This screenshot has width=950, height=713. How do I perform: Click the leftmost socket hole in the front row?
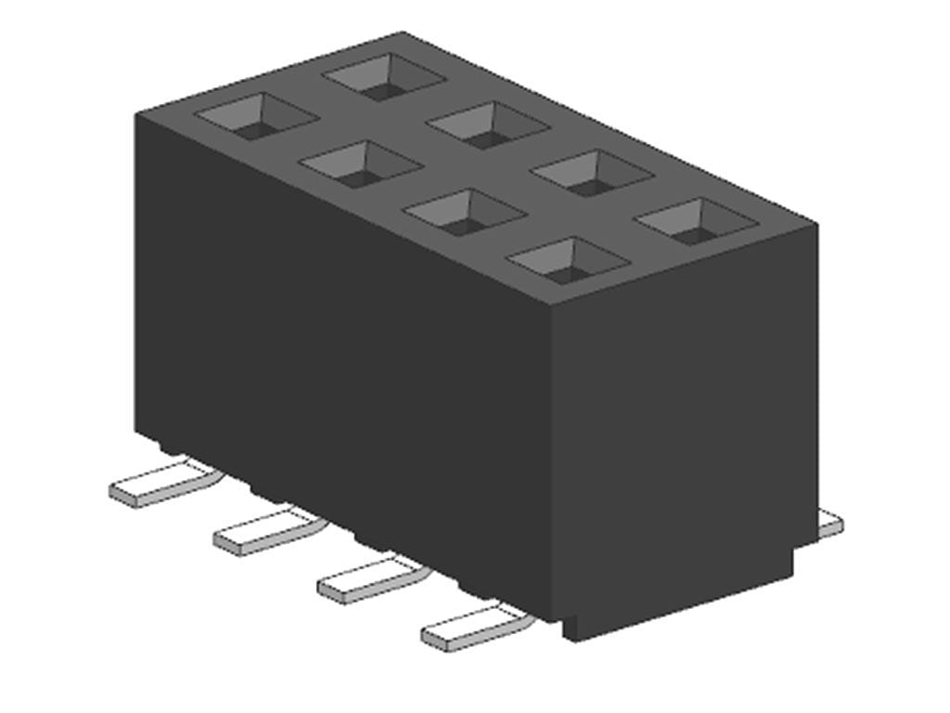click(256, 116)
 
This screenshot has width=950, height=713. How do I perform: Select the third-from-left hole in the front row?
click(464, 213)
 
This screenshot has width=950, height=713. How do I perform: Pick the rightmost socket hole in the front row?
click(568, 261)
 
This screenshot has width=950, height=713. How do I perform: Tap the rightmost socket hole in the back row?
click(698, 221)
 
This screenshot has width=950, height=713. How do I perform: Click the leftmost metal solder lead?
click(162, 484)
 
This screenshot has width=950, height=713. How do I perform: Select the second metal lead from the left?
click(266, 532)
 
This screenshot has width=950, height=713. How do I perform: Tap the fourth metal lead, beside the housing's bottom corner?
click(473, 629)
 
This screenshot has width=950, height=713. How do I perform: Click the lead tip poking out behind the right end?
click(831, 525)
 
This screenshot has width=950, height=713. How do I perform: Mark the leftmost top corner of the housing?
click(137, 114)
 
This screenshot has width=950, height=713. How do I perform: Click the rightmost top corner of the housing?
click(815, 224)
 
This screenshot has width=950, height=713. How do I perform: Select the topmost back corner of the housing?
click(402, 33)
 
